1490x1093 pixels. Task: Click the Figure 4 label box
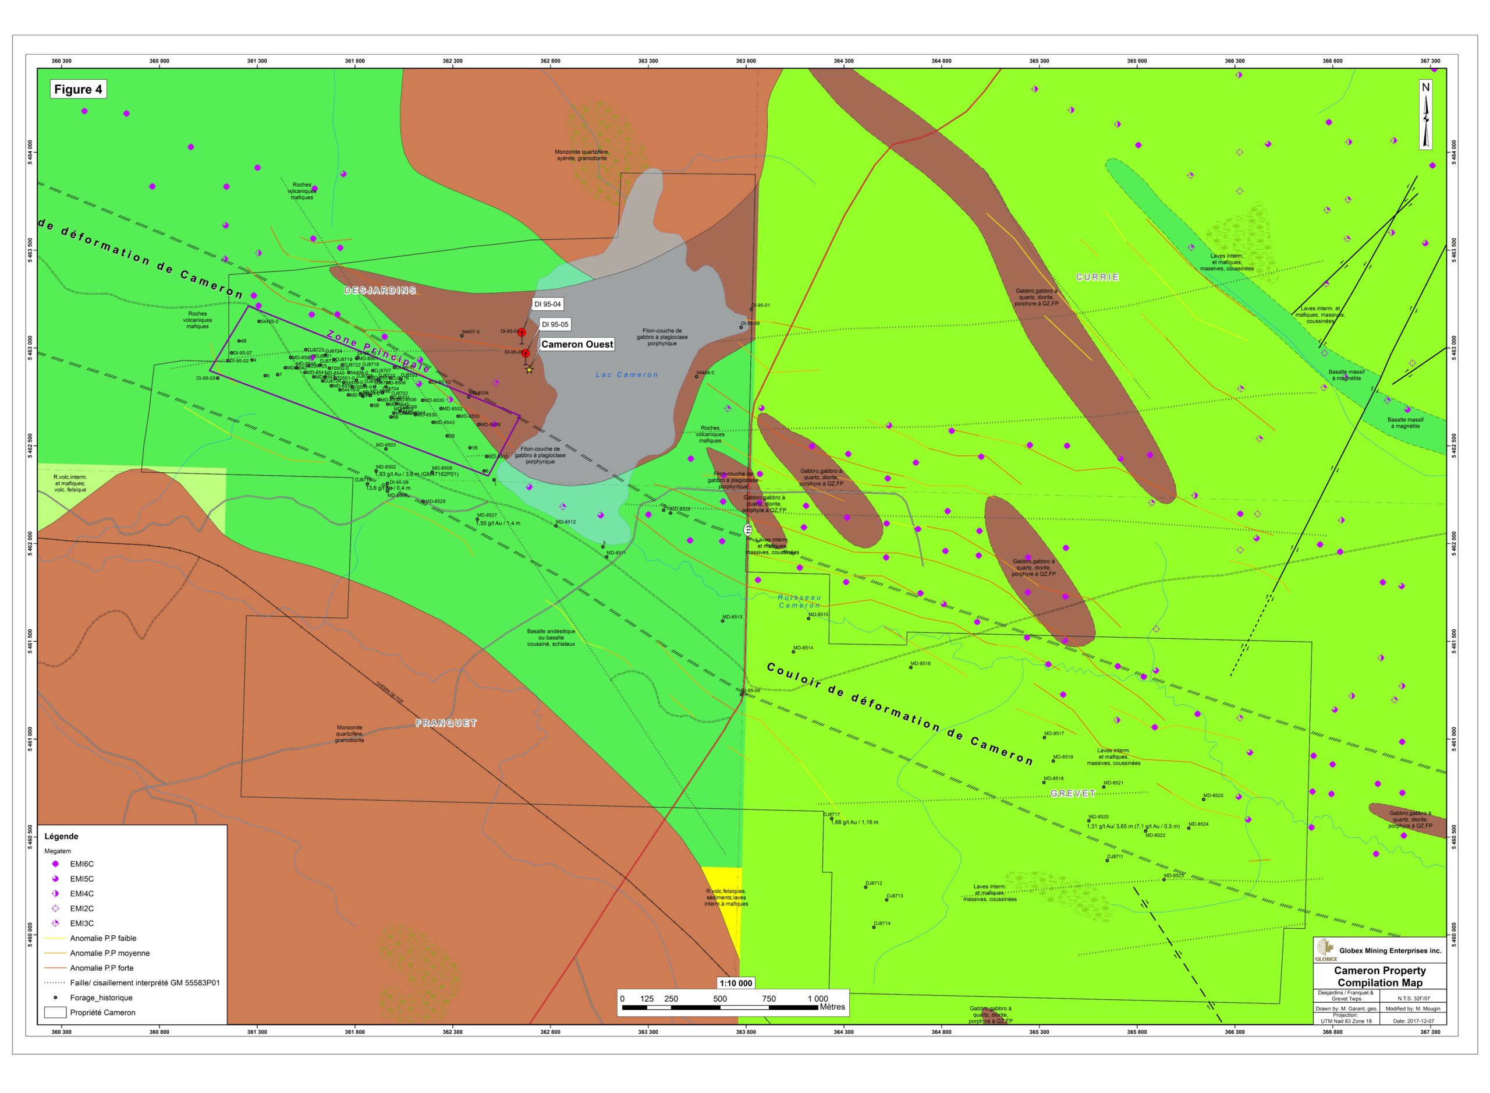click(78, 90)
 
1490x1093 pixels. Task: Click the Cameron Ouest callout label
click(577, 344)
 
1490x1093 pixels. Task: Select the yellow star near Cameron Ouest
click(529, 370)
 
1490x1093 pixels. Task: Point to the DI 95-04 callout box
click(548, 304)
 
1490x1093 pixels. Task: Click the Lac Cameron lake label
click(626, 375)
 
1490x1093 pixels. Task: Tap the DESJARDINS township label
click(379, 291)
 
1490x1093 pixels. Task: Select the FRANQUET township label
click(446, 723)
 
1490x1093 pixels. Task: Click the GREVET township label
click(1072, 793)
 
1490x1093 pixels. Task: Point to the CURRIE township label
click(1097, 277)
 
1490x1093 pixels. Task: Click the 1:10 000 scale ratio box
click(736, 983)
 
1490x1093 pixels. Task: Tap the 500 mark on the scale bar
click(719, 999)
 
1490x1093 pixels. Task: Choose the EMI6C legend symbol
click(55, 864)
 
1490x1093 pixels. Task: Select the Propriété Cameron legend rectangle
click(55, 1012)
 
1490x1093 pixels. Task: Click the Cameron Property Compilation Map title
click(1379, 977)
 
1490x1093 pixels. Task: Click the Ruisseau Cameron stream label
click(799, 602)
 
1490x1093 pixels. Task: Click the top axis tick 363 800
click(746, 61)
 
